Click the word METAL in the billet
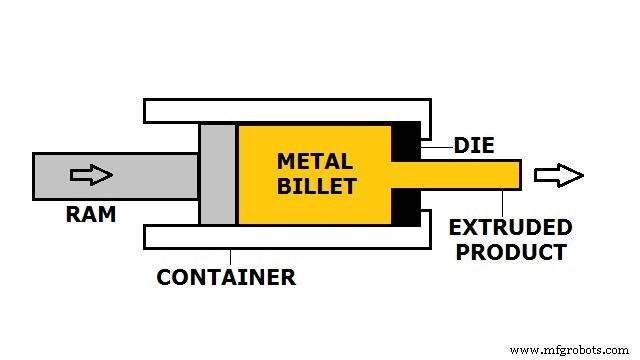pos(314,161)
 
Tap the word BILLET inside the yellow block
pos(315,185)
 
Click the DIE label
pos(474,145)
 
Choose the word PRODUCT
pos(511,252)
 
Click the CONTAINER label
pos(226,278)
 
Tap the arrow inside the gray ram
pos(90,175)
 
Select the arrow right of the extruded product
pos(558,176)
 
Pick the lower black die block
pos(406,207)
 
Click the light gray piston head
pos(218,174)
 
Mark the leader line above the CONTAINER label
pos(231,256)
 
